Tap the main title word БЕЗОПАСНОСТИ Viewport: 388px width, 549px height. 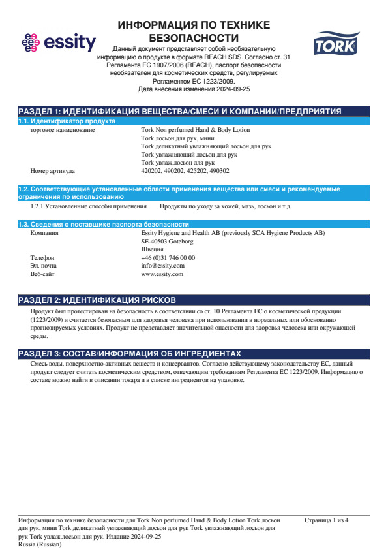click(x=194, y=37)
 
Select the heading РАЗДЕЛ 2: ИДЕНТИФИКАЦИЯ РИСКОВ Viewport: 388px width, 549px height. click(x=97, y=300)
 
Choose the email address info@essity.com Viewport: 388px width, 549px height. click(x=163, y=266)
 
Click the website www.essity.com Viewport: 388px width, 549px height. click(x=162, y=274)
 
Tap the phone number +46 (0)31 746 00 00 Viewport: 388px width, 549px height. click(x=168, y=257)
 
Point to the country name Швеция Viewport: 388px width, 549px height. click(x=153, y=249)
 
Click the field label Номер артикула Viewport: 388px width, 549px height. click(x=53, y=170)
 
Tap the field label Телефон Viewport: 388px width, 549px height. click(x=43, y=257)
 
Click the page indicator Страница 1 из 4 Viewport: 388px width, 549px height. click(x=327, y=520)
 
